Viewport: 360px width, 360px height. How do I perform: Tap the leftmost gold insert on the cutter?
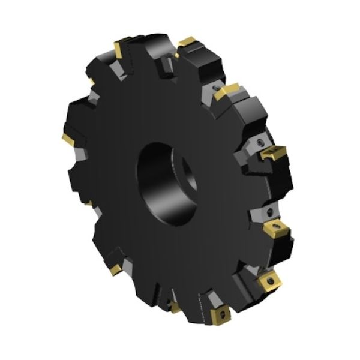tap(68, 140)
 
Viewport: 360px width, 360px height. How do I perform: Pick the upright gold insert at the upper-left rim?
tap(118, 49)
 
